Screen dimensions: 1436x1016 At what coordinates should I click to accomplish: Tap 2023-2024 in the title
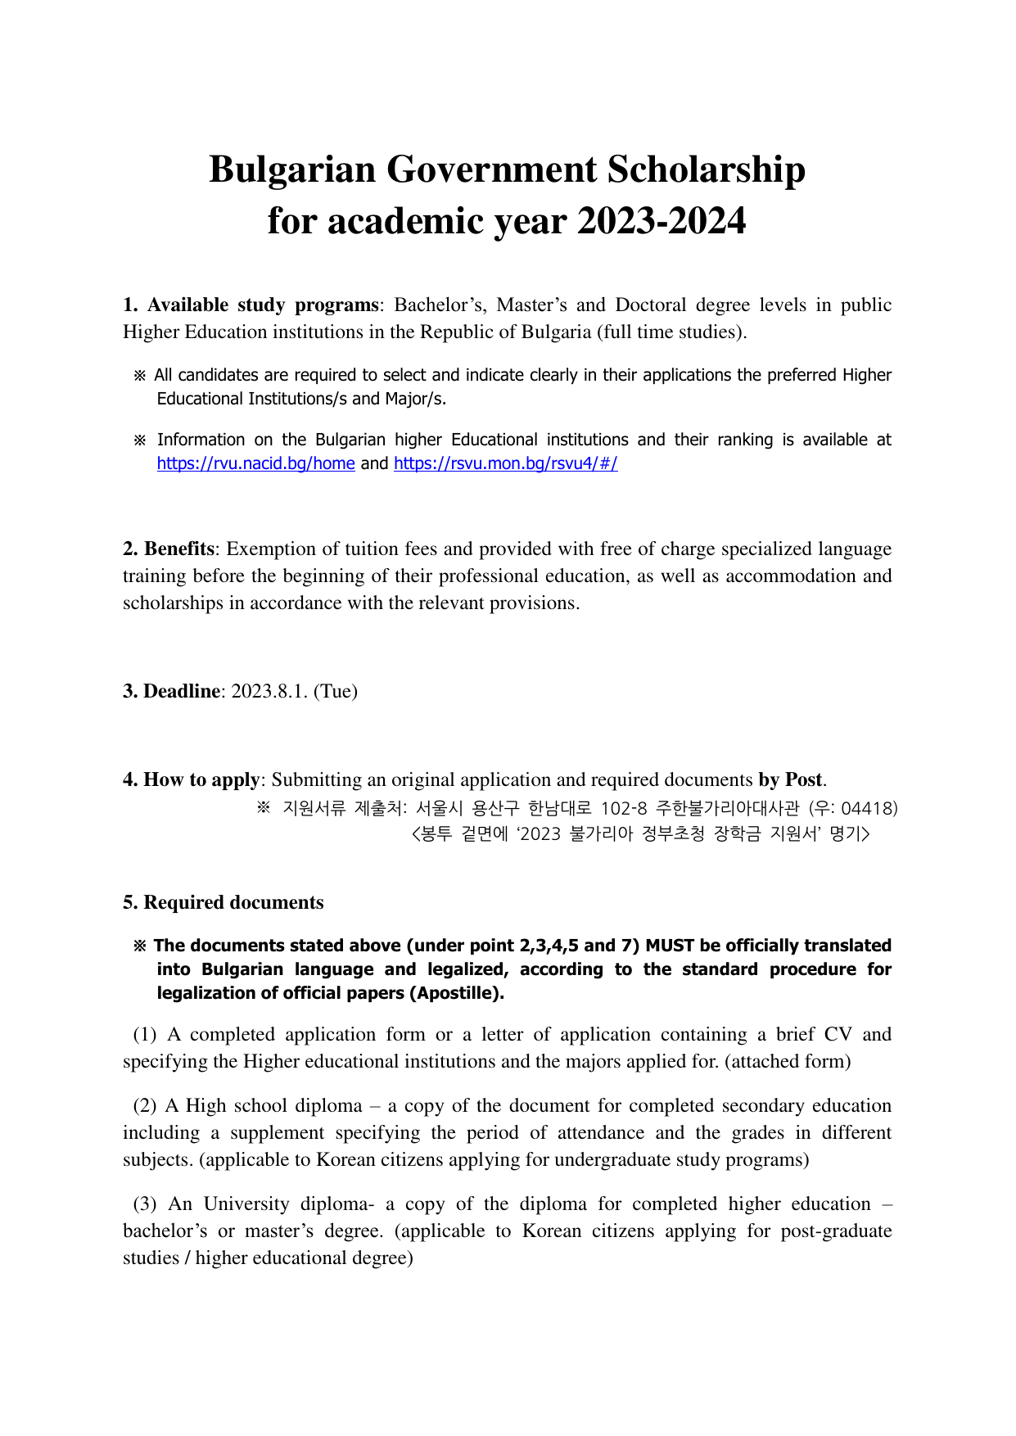click(x=662, y=221)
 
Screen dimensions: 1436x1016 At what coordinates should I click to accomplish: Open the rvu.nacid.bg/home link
click(x=255, y=463)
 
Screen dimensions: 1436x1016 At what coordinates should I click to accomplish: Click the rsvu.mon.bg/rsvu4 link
click(x=505, y=463)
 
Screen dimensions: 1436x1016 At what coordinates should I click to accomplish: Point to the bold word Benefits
click(x=179, y=549)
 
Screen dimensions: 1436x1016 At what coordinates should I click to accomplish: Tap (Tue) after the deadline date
click(x=336, y=691)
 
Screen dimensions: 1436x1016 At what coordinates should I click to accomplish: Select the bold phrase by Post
click(x=790, y=779)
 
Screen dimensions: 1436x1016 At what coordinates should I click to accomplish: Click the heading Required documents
click(x=233, y=902)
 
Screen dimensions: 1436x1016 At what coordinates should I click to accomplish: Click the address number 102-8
click(x=624, y=809)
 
